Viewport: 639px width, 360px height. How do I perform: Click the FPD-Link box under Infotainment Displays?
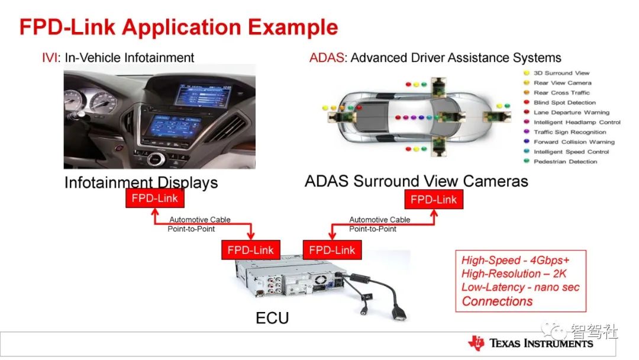click(155, 198)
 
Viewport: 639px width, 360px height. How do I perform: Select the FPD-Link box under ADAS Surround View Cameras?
click(434, 200)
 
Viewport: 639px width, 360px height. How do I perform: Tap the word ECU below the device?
click(272, 318)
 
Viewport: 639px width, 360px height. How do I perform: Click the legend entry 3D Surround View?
click(557, 73)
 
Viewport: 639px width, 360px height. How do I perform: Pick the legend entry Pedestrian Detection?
click(560, 162)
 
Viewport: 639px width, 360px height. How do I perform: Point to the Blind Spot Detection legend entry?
click(560, 102)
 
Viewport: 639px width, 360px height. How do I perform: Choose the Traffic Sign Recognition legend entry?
click(565, 132)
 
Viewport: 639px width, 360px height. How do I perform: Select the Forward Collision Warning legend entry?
click(569, 142)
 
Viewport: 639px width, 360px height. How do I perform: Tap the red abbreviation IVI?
click(50, 57)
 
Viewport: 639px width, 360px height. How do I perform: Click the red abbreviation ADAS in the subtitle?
click(327, 57)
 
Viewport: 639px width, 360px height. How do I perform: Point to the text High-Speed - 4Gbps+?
click(515, 260)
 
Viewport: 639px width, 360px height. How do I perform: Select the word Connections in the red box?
click(497, 301)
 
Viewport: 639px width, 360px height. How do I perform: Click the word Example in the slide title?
click(293, 27)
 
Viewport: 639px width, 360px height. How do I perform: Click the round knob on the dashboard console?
click(155, 159)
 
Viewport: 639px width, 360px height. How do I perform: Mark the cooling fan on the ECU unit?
click(320, 279)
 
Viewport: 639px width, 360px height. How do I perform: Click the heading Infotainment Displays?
click(141, 182)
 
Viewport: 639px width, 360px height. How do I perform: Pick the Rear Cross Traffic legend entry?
click(557, 92)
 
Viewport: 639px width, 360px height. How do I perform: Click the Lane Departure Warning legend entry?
click(566, 112)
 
